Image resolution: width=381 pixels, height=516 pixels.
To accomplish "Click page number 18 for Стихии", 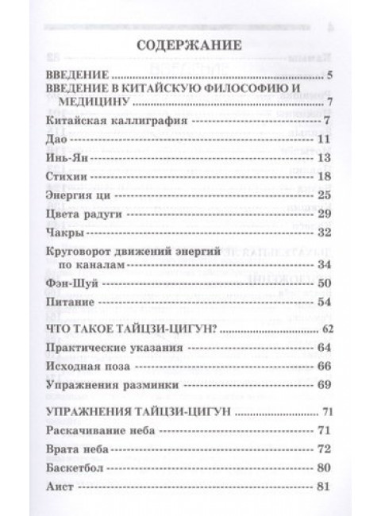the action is coord(323,176).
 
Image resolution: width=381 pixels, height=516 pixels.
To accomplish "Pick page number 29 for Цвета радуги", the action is coord(323,214).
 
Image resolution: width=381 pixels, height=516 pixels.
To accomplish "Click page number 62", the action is coord(324,328).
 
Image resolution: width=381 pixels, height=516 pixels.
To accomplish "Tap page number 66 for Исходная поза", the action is coord(323,368).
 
